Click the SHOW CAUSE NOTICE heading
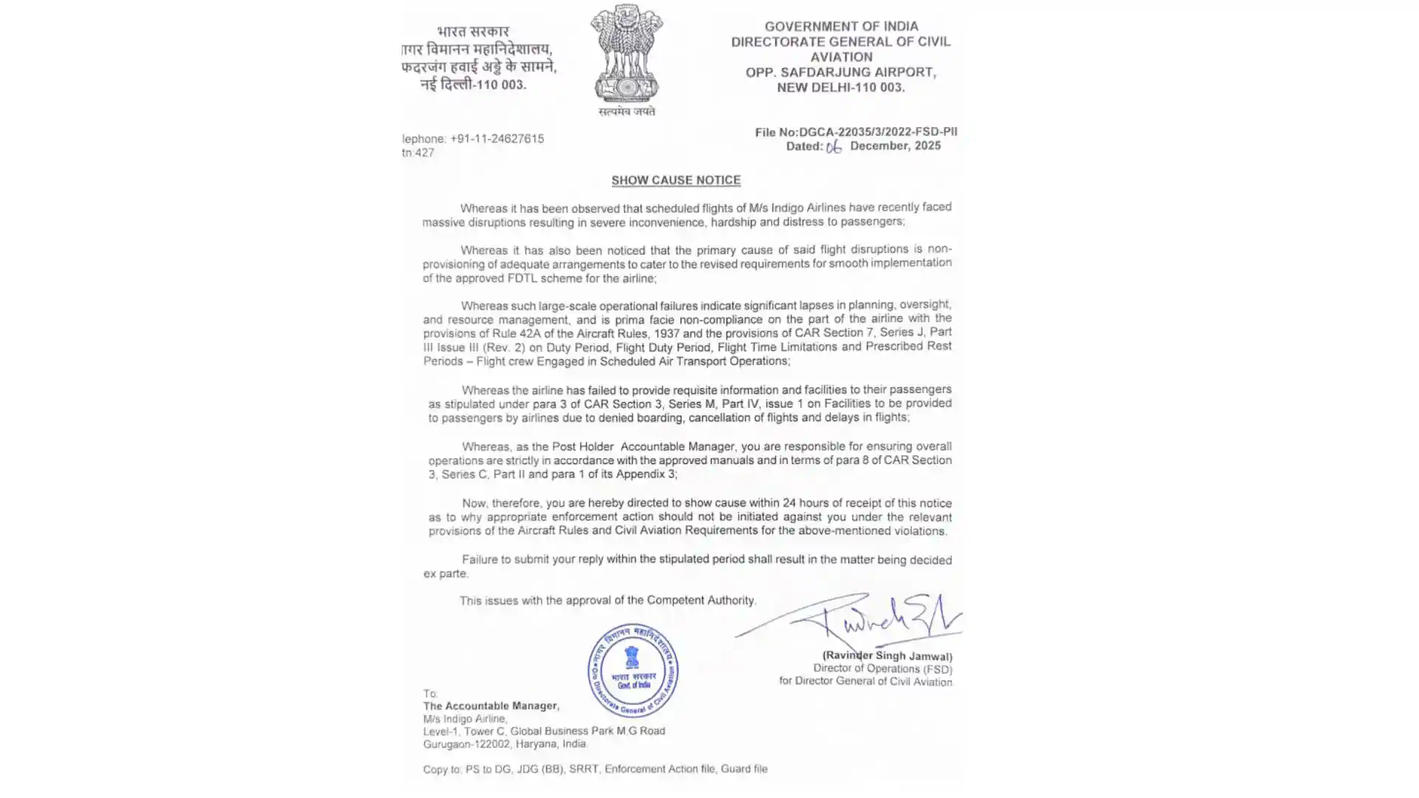click(676, 180)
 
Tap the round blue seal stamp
click(633, 670)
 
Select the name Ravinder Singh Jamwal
click(887, 656)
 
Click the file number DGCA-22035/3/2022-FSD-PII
click(878, 132)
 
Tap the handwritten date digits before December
click(834, 147)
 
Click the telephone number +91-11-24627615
click(497, 139)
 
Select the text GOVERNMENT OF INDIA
click(841, 27)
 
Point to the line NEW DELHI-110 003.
click(840, 87)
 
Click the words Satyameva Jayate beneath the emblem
click(627, 112)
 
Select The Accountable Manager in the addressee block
click(491, 706)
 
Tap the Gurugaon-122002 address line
click(505, 744)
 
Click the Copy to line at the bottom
click(595, 769)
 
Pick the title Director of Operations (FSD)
click(882, 669)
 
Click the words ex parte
click(446, 574)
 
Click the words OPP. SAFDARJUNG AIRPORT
click(840, 72)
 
